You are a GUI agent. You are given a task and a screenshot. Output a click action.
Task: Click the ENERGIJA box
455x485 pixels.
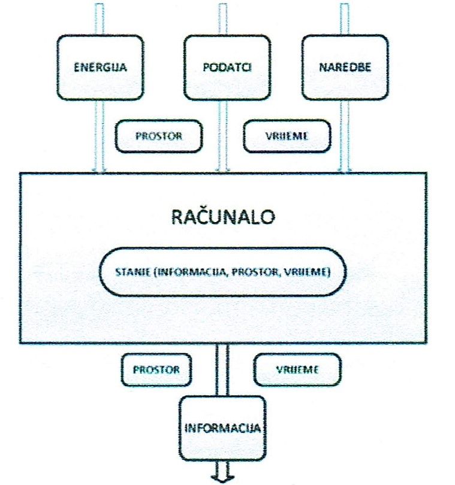100,66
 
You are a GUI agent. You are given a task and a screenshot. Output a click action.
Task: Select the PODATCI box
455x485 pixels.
223,66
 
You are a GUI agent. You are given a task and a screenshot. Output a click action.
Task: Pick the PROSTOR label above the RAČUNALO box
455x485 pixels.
157,136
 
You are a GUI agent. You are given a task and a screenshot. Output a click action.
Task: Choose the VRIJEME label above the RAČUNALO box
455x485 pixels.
287,136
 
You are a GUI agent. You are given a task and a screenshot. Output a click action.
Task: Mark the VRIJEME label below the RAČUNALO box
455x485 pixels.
297,369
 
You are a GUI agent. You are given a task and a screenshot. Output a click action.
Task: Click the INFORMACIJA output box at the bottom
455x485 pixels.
222,429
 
